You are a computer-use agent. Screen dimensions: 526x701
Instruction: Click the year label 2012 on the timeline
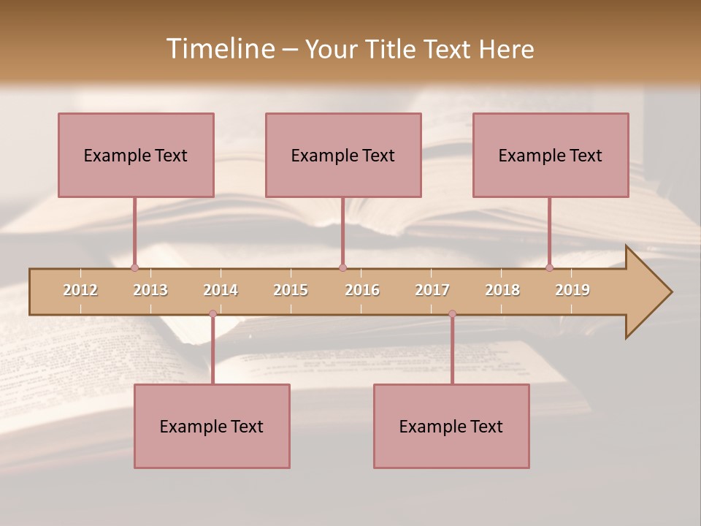point(80,290)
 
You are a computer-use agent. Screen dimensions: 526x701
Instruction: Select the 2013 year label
point(150,290)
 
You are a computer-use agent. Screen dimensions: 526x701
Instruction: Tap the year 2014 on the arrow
point(221,290)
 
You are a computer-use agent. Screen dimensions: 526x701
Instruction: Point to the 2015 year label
point(291,290)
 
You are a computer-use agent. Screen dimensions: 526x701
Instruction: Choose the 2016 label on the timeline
point(362,290)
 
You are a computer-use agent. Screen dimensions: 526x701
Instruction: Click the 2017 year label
point(432,290)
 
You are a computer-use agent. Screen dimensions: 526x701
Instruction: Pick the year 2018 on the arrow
point(502,290)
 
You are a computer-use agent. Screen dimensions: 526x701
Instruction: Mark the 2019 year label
point(572,290)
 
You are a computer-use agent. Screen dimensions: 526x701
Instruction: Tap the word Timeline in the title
point(218,49)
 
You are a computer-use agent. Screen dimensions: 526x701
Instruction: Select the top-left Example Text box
point(136,155)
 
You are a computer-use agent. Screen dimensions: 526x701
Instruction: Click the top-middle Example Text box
point(343,155)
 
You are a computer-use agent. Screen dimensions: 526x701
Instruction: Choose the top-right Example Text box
point(551,155)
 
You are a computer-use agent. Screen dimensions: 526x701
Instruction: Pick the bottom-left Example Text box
point(212,426)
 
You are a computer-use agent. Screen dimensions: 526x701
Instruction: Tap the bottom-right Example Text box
point(451,426)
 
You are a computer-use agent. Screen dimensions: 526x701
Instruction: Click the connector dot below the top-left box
point(134,267)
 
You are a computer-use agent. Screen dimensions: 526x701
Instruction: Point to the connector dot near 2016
point(342,267)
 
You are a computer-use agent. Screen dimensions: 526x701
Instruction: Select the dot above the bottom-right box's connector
point(452,314)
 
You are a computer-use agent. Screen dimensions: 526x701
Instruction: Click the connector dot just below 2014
point(212,314)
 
